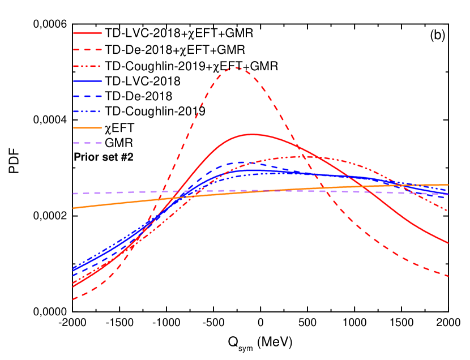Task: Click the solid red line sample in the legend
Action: pos(87,33)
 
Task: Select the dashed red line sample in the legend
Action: pos(87,50)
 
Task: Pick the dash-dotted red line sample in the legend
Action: pos(87,66)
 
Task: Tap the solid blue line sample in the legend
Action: pos(87,82)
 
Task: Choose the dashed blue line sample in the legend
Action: pos(87,96)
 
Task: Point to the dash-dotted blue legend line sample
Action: pos(87,112)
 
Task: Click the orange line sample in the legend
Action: pos(87,127)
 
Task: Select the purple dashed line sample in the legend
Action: pos(87,143)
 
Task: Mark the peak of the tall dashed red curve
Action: pos(236,67)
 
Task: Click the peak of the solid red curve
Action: pos(251,134)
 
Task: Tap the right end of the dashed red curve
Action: pos(448,276)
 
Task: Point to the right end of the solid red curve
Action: pos(448,243)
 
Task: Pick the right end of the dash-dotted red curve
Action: pos(448,211)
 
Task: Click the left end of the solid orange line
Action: pos(73,208)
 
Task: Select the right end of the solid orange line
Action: pos(448,185)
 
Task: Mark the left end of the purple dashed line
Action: pos(73,194)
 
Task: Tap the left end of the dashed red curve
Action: pos(73,299)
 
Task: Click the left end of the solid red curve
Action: pos(73,286)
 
